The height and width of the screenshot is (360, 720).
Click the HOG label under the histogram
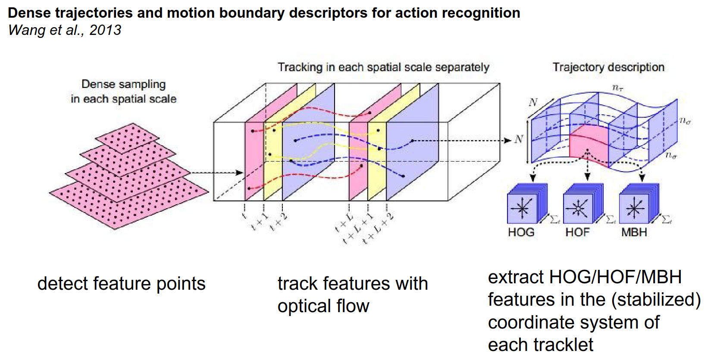[521, 232]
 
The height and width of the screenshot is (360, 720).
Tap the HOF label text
[577, 232]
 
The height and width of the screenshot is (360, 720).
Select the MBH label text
[634, 232]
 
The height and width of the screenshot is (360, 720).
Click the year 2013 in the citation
[105, 30]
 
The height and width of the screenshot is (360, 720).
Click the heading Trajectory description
[608, 67]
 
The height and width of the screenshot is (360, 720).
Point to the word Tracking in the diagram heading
[300, 67]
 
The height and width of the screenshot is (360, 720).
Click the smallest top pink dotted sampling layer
[127, 138]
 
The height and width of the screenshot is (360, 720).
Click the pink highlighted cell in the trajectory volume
[589, 144]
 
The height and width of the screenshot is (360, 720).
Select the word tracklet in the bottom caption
[563, 344]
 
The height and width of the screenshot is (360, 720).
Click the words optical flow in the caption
[323, 306]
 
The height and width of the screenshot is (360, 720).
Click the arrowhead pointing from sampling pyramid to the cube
[240, 173]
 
